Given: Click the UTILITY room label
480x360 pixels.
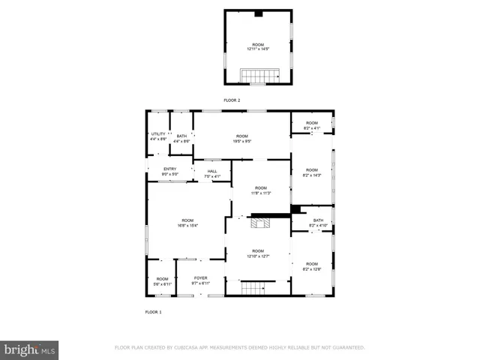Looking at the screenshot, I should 158,133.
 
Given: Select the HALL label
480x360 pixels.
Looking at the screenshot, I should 213,171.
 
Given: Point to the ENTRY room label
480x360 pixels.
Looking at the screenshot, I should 170,169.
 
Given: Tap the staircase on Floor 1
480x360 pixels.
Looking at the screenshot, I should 253,288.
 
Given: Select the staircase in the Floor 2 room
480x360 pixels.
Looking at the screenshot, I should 257,75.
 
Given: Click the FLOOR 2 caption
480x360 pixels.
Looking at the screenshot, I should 232,100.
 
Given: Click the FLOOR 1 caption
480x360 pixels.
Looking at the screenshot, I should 153,311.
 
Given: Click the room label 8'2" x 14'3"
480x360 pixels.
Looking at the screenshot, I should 311,172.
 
